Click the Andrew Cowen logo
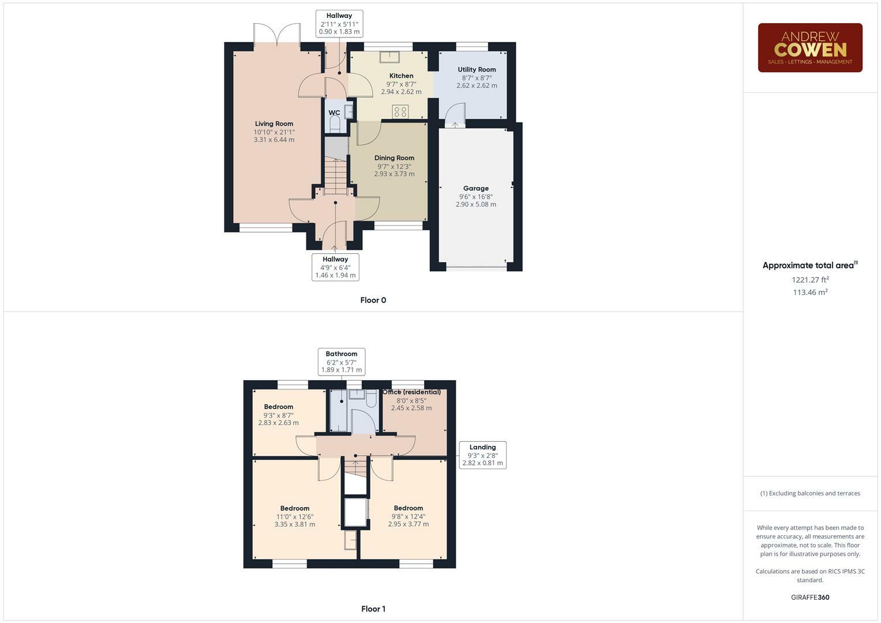tap(809, 48)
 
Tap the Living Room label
tap(274, 123)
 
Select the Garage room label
tap(475, 188)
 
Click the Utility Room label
tap(477, 69)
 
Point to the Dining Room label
tap(394, 157)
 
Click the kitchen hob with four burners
tap(400, 111)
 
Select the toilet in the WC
tap(335, 124)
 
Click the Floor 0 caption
tap(373, 300)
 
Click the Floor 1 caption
tap(373, 609)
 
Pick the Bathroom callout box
tap(341, 362)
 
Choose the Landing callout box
tap(482, 455)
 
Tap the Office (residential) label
tap(411, 392)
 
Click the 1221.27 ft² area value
tap(810, 280)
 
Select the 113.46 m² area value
tap(810, 292)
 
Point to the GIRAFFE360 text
tap(810, 597)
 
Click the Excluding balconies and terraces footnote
tap(810, 493)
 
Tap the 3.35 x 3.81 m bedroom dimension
tap(295, 524)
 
